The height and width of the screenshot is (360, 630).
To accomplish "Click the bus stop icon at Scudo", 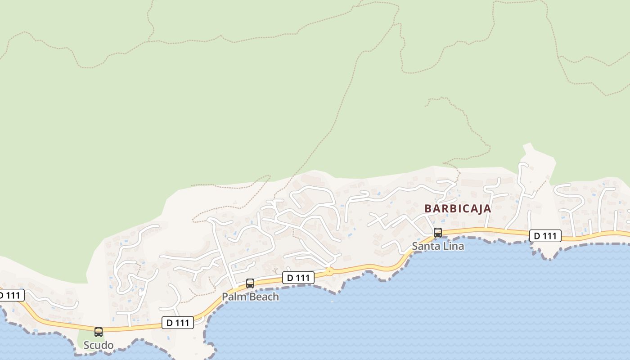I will tap(99, 332).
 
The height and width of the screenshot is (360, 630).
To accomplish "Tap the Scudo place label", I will tap(99, 345).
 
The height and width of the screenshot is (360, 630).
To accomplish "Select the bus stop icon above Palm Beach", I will tap(250, 283).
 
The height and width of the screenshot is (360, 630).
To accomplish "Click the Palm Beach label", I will tap(250, 297).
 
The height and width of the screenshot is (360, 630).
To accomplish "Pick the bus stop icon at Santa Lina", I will tap(438, 233).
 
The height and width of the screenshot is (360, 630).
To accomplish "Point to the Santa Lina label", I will tap(438, 246).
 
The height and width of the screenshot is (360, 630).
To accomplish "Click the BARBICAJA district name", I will tap(458, 209).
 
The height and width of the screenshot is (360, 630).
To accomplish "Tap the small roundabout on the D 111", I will tap(329, 271).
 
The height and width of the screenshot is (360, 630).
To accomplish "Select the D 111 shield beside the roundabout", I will tap(298, 278).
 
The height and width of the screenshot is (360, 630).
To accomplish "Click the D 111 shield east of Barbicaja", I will tap(545, 236).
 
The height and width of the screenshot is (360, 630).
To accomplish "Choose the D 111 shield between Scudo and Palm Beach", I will tap(178, 322).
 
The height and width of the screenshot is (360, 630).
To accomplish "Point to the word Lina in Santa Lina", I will tap(453, 246).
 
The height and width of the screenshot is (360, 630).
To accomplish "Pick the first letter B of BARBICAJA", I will tap(428, 209).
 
